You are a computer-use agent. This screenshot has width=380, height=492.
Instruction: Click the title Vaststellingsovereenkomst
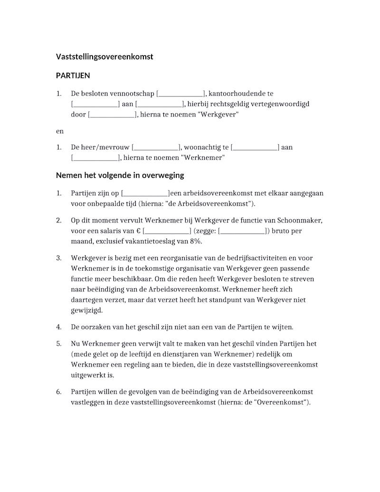click(104, 57)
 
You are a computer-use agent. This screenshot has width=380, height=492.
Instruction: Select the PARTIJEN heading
click(73, 76)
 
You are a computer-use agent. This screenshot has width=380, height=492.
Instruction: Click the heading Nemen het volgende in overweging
click(120, 175)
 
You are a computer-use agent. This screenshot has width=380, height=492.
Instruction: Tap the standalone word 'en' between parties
click(60, 131)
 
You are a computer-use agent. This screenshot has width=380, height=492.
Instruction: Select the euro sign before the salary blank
click(138, 231)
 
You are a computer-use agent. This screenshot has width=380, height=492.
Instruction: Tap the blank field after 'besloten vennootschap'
click(180, 94)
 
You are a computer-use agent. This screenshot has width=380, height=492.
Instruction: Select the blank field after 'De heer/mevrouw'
click(155, 147)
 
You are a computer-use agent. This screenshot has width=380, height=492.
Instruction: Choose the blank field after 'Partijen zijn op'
click(145, 193)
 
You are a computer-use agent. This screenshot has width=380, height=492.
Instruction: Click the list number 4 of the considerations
click(59, 327)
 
